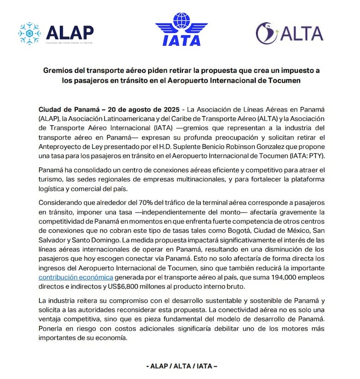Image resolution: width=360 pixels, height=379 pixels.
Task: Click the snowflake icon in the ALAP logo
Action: [x=30, y=33]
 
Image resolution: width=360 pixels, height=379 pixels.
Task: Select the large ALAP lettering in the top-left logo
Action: [x=70, y=32]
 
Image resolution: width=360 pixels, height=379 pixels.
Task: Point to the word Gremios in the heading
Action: [x=59, y=71]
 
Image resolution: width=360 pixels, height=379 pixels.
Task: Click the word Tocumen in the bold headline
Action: [x=284, y=81]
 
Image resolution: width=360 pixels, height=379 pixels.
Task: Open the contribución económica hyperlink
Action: [x=76, y=277]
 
